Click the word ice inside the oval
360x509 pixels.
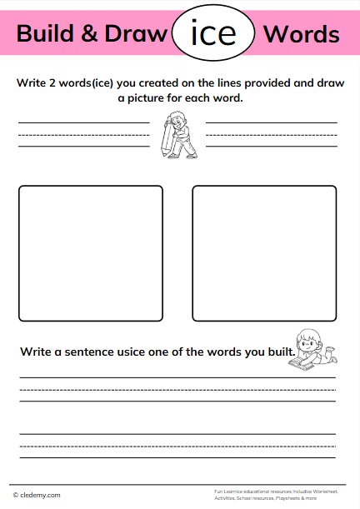[x=213, y=34]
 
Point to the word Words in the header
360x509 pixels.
[x=301, y=34]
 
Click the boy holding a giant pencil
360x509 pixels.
[x=177, y=136]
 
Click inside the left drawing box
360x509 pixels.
[x=91, y=253]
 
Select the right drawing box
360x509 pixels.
[x=264, y=253]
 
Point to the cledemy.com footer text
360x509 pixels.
[x=41, y=495]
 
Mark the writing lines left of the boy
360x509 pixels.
[x=83, y=134]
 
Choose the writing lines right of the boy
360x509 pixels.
[x=271, y=134]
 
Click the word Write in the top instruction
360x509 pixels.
[x=31, y=82]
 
